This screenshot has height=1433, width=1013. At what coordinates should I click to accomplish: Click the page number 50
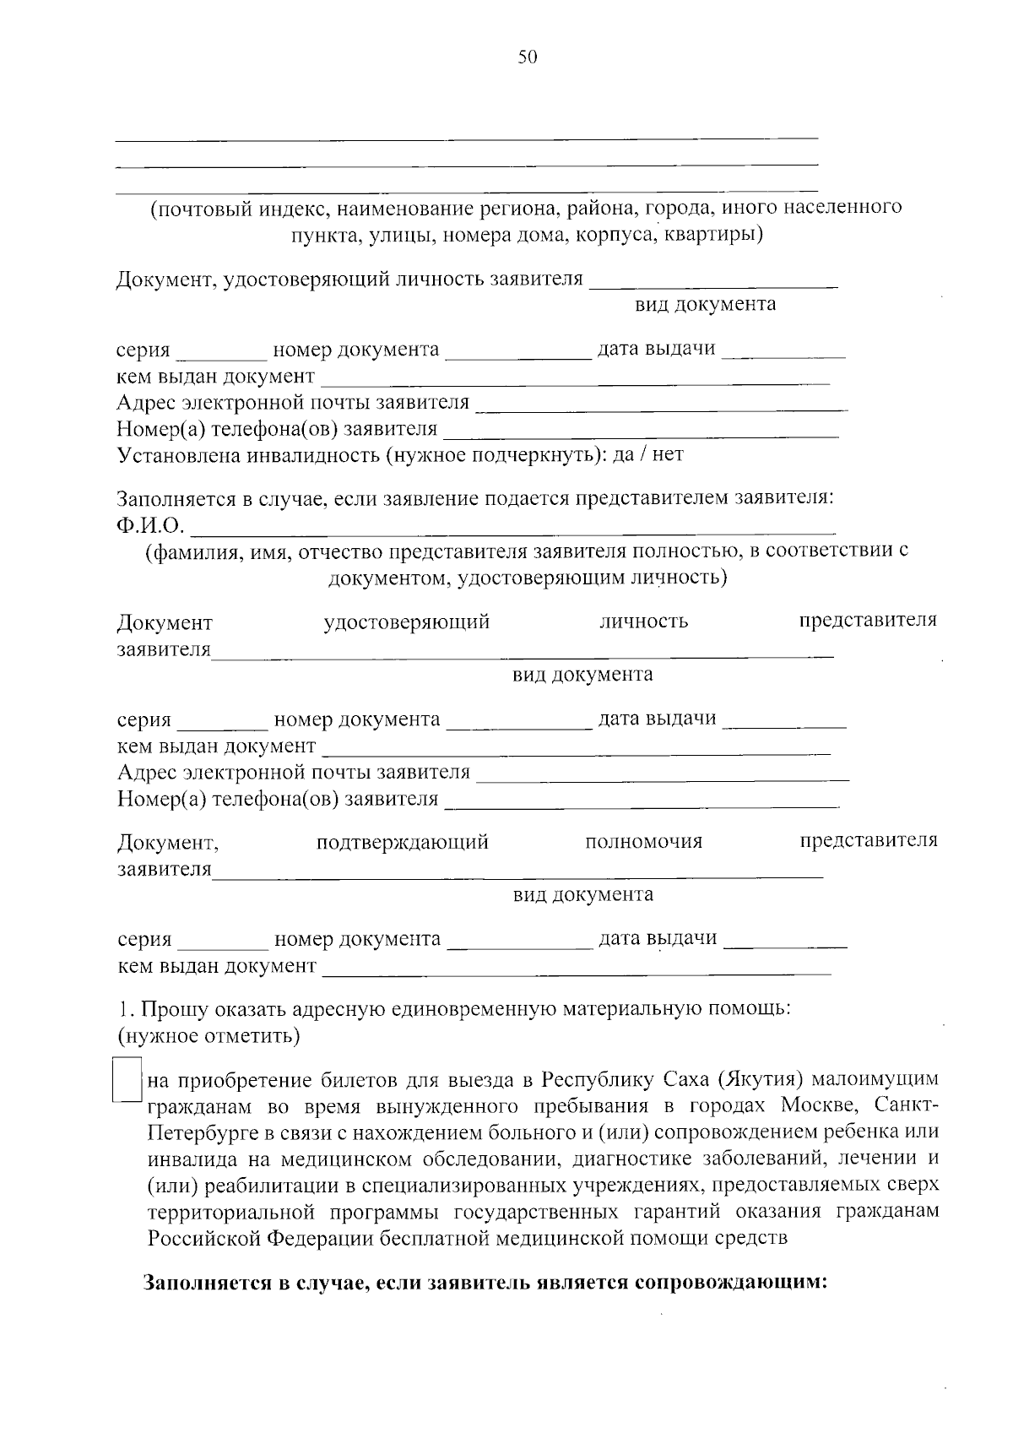click(527, 57)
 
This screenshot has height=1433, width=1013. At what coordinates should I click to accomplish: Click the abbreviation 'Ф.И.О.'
click(150, 526)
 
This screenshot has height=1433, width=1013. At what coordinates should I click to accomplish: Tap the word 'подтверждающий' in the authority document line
click(402, 842)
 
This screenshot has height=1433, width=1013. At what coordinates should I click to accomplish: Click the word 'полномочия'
click(643, 842)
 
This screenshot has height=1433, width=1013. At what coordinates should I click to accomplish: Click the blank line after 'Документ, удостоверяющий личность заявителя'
click(713, 284)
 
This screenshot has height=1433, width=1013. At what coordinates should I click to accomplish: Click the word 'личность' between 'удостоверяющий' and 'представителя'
click(643, 622)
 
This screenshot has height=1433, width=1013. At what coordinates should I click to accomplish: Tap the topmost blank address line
click(466, 136)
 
